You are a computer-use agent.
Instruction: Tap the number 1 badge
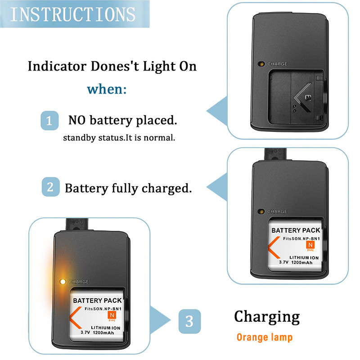(49, 121)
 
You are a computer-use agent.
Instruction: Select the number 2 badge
(50, 187)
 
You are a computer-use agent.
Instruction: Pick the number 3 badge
(189, 321)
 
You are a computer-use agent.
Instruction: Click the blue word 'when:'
(107, 89)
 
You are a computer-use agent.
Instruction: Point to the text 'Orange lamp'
(265, 337)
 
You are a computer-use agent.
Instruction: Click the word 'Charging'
(266, 317)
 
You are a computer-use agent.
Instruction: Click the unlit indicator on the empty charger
(261, 64)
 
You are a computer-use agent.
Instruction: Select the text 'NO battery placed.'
(122, 121)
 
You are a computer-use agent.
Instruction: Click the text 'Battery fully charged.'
(128, 188)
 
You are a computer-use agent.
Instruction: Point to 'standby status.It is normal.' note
(119, 137)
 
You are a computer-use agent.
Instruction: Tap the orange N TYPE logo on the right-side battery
(310, 245)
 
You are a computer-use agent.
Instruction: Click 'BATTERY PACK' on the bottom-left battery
(96, 300)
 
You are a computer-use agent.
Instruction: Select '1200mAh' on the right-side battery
(307, 262)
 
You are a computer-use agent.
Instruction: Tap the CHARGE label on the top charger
(277, 64)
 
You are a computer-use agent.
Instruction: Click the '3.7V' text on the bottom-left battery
(85, 333)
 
